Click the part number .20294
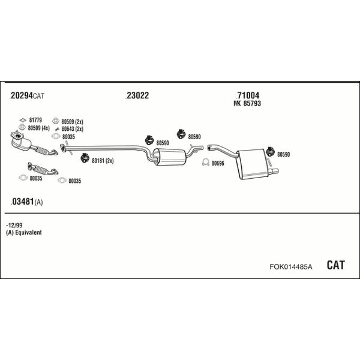pyautogui.click(x=21, y=95)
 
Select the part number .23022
pyautogui.click(x=137, y=95)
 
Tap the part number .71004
pyautogui.click(x=247, y=95)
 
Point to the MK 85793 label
pyautogui.click(x=247, y=103)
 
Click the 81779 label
pyautogui.click(x=35, y=120)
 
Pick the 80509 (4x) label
pyautogui.click(x=38, y=128)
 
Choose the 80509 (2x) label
pyautogui.click(x=73, y=121)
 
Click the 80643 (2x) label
pyautogui.click(x=73, y=129)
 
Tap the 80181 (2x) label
pyautogui.click(x=103, y=161)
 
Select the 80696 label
pyautogui.click(x=218, y=163)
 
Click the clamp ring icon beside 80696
pyautogui.click(x=205, y=163)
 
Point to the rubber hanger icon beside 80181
pyautogui.click(x=85, y=158)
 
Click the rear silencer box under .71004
pyautogui.click(x=253, y=164)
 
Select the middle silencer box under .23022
pyautogui.click(x=169, y=157)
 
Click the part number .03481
pyautogui.click(x=23, y=202)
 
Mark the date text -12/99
pyautogui.click(x=14, y=225)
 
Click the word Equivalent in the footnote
pyautogui.click(x=28, y=232)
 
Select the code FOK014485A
pyautogui.click(x=291, y=266)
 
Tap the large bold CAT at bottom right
pyautogui.click(x=335, y=265)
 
